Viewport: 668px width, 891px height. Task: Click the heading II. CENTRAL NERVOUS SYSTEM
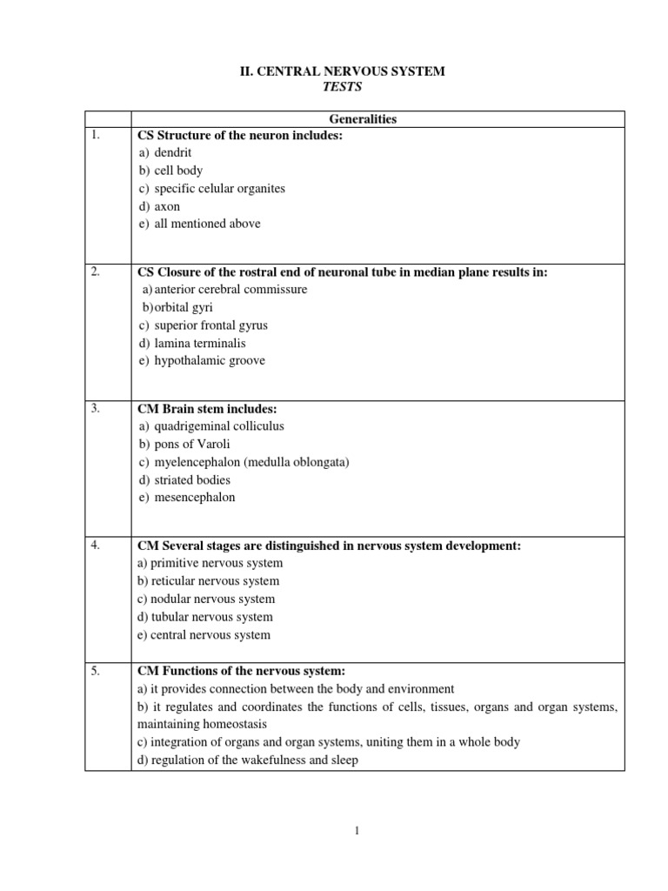tap(342, 71)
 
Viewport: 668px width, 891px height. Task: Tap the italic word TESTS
tap(342, 88)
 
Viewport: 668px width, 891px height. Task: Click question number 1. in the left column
tap(95, 136)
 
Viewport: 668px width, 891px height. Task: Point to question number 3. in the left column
tap(95, 409)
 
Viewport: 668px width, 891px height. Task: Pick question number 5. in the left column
tap(95, 670)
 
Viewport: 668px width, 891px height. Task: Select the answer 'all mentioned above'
tap(207, 224)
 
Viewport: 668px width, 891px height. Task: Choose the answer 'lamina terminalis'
tap(199, 343)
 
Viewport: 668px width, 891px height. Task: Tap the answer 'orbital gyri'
tap(185, 307)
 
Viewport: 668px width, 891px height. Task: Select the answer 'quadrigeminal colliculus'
tap(218, 426)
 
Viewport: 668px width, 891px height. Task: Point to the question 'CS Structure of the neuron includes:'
tap(236, 136)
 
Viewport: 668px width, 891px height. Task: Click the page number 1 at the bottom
tap(356, 831)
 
